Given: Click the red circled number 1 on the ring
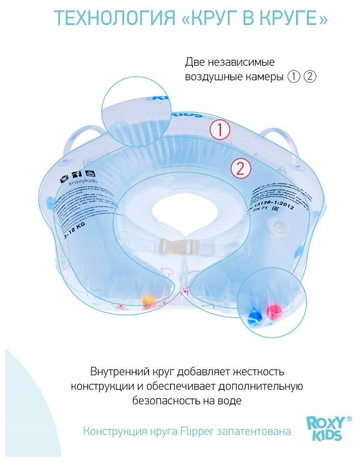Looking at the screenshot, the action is [x=219, y=130].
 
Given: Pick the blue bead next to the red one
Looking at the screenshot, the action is [x=254, y=316].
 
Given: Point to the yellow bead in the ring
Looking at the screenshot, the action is [x=148, y=300].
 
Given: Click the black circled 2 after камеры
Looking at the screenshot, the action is [x=310, y=76].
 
